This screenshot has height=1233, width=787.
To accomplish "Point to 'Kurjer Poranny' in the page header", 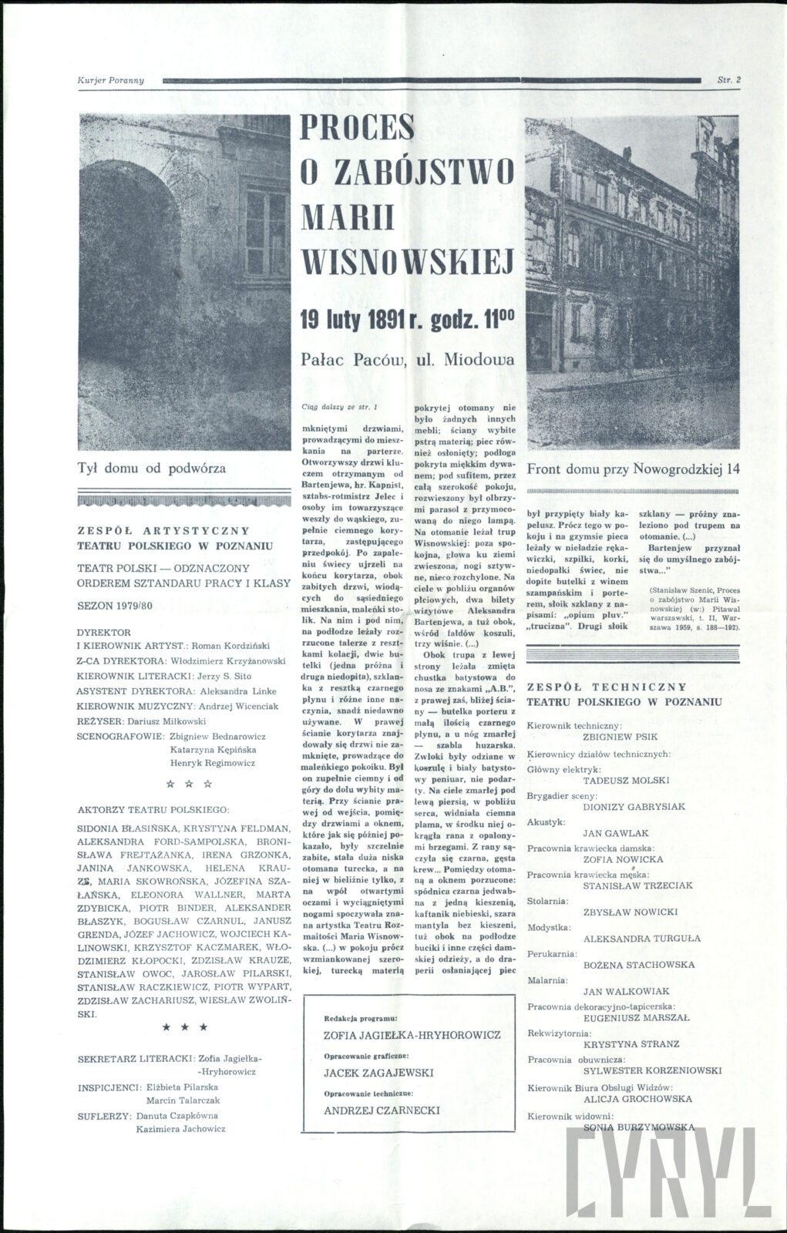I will click(x=111, y=80).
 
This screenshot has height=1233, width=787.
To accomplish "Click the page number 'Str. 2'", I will click(x=728, y=79).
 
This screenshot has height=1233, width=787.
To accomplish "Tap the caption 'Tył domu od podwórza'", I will click(x=151, y=468).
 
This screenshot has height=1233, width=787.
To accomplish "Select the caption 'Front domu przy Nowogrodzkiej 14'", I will click(x=633, y=469).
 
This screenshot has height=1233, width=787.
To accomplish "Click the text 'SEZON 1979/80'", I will click(x=116, y=605).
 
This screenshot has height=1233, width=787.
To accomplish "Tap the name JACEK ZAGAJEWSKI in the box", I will click(x=378, y=1073).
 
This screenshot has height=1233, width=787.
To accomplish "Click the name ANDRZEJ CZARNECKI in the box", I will click(x=382, y=1110).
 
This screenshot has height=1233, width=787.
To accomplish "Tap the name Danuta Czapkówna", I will click(x=177, y=1115).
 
